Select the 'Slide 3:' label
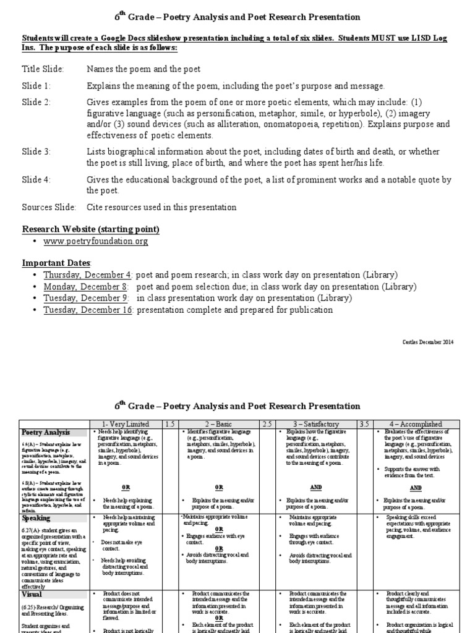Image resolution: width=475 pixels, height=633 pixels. (x=36, y=151)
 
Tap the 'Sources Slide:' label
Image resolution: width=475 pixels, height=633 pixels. (x=49, y=207)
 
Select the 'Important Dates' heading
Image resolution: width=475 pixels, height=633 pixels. (x=56, y=262)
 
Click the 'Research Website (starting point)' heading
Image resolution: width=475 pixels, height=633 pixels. (x=91, y=229)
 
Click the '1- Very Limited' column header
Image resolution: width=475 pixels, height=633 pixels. (x=127, y=425)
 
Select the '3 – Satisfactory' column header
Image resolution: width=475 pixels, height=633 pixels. (x=317, y=425)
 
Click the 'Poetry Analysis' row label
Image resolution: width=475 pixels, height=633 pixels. (x=46, y=433)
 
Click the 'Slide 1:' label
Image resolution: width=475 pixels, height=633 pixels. (x=36, y=86)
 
